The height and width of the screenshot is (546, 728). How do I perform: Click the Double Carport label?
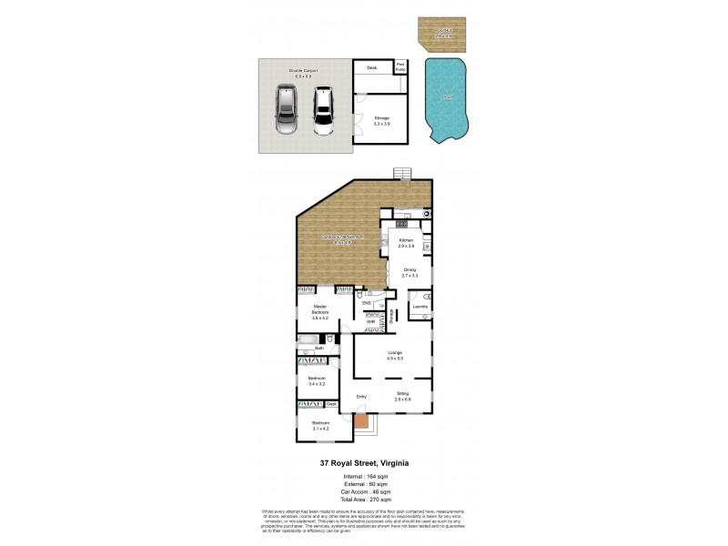300,73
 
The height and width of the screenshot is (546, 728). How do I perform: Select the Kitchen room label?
406,243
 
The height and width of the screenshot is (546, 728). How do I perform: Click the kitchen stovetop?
401,223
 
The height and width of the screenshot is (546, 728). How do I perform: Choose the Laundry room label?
420,307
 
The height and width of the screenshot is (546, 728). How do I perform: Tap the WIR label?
371,321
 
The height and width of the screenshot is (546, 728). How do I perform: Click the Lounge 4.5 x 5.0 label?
394,356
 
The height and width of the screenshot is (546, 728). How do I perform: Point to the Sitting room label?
403,396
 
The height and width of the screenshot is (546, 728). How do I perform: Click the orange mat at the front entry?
362,420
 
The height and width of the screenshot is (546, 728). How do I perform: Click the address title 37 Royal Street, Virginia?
364,463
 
